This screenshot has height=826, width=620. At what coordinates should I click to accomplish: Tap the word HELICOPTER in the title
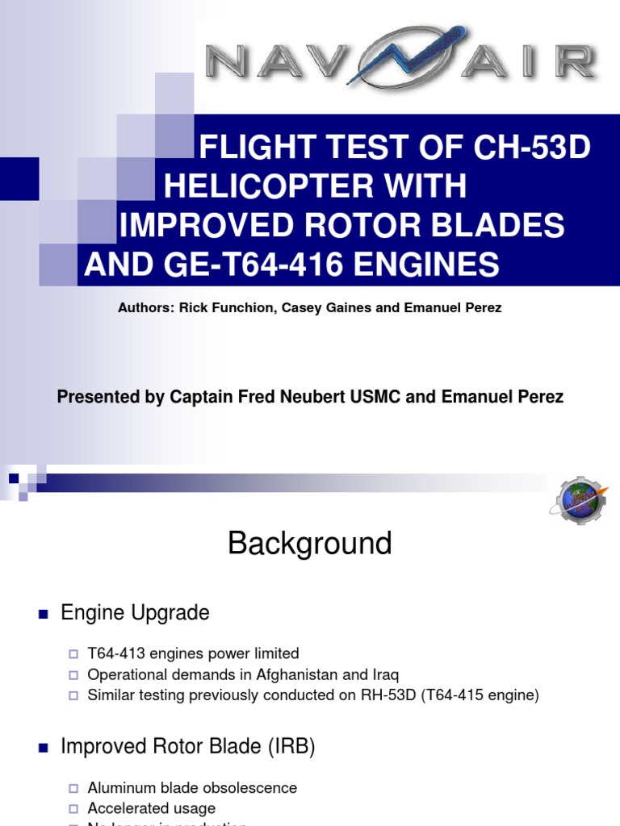pyautogui.click(x=316, y=187)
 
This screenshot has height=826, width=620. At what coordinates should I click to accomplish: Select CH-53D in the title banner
pyautogui.click(x=526, y=148)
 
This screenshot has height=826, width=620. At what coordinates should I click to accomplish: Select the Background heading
pyautogui.click(x=310, y=544)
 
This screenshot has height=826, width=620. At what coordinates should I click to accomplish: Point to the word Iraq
pyautogui.click(x=384, y=674)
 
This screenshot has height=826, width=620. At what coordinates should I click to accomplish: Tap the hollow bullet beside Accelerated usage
pyautogui.click(x=73, y=808)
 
